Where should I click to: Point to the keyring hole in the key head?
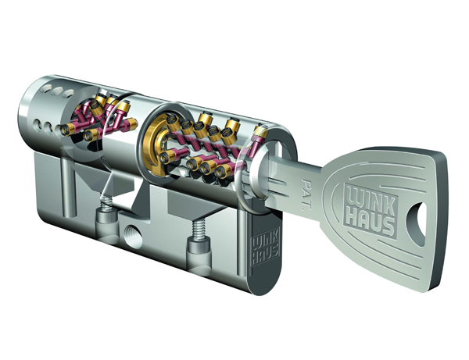click(417, 223)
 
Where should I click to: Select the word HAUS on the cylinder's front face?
click(266, 255)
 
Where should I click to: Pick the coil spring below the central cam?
click(108, 202)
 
